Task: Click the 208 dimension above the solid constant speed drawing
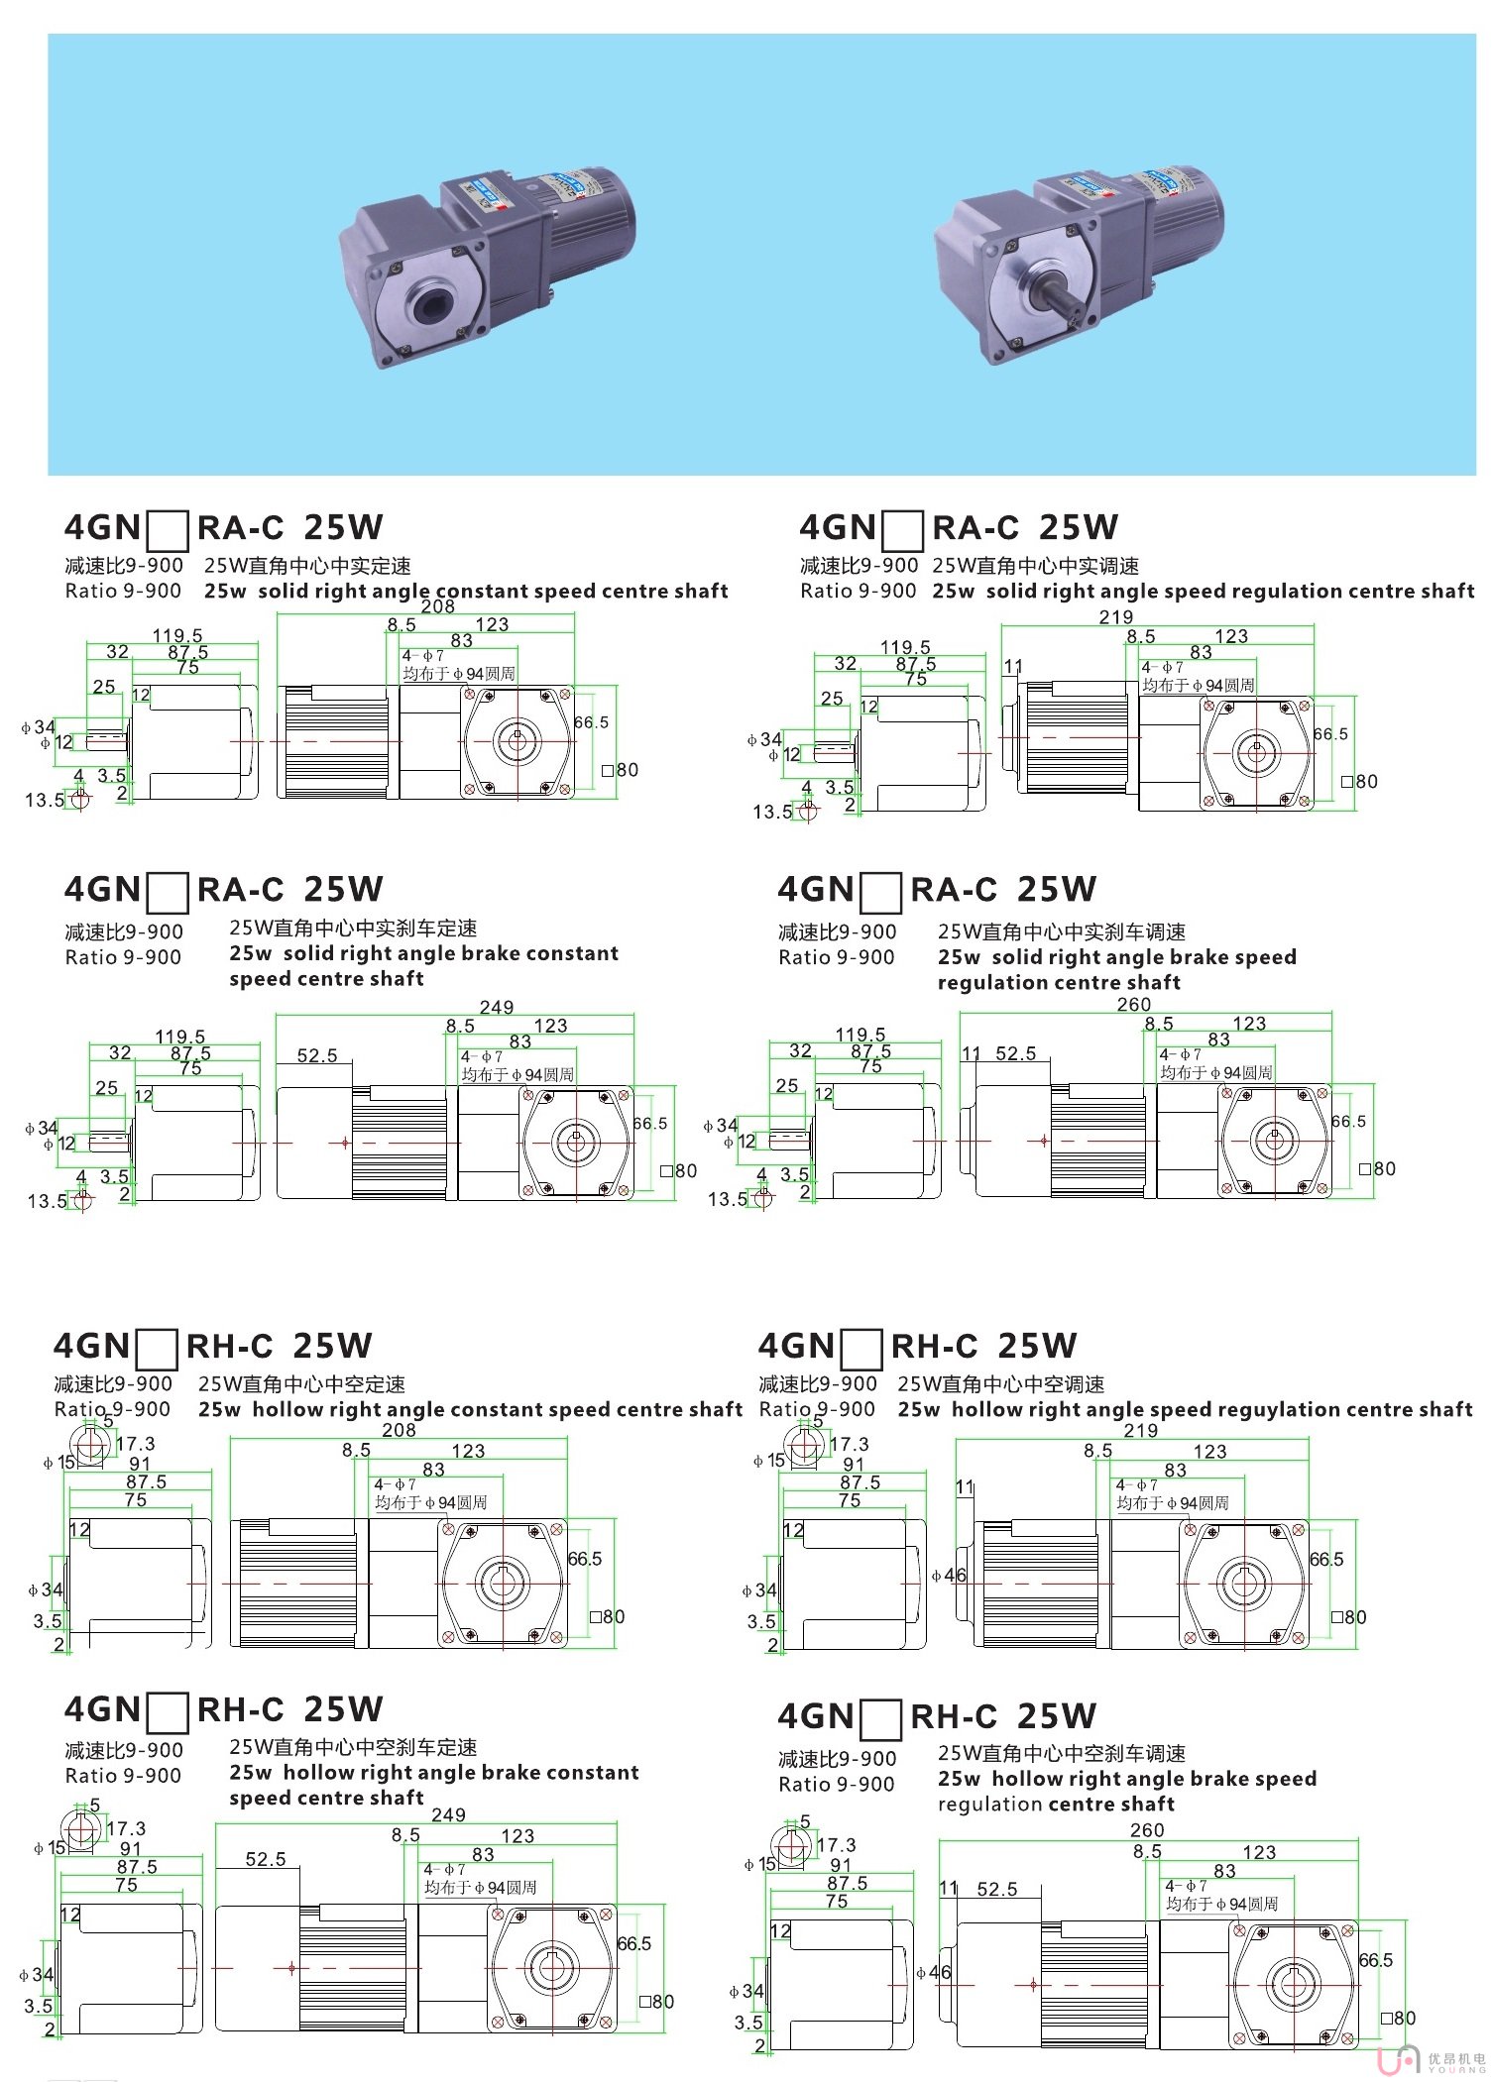[x=437, y=606]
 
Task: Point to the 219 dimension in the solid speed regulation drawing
[x=1115, y=616]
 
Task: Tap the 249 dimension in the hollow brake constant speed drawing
[x=448, y=1814]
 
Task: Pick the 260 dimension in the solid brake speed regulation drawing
[x=1133, y=1004]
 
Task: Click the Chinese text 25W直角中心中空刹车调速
[x=1061, y=1753]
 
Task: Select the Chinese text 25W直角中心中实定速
[x=307, y=566]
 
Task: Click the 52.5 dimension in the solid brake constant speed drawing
[x=317, y=1055]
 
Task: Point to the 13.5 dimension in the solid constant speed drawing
[x=45, y=800]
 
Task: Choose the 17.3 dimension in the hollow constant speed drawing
[x=136, y=1444]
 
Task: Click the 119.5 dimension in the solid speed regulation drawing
[x=905, y=647]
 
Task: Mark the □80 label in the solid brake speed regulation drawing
[x=1377, y=1168]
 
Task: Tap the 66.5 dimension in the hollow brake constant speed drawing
[x=633, y=1943]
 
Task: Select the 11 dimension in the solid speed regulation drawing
[x=1012, y=666]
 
